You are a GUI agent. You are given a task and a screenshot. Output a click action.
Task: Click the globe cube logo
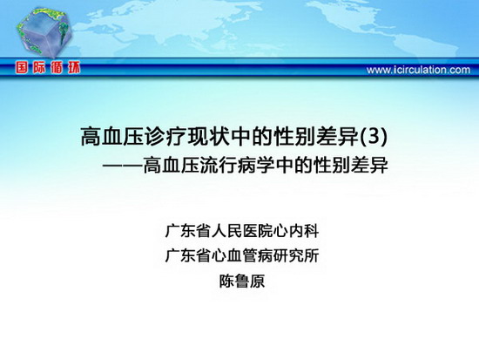[44, 33]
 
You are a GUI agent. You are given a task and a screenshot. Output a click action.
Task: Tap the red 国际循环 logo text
[48, 68]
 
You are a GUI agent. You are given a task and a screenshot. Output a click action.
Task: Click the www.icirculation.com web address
[418, 70]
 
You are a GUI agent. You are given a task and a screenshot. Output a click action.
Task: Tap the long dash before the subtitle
[123, 166]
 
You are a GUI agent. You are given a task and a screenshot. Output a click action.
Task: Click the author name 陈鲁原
[242, 281]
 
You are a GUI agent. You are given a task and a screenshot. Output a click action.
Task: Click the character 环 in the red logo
[74, 68]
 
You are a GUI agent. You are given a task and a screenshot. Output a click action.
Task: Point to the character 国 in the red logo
[22, 68]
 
